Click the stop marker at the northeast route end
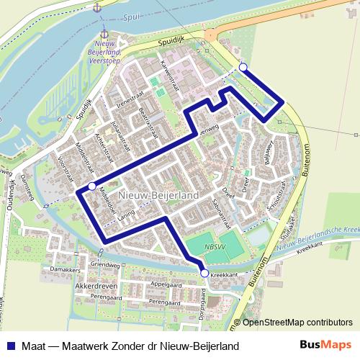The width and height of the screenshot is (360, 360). point(243,68)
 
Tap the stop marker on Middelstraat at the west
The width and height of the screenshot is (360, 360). point(91,187)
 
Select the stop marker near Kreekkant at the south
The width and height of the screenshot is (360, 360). point(204,274)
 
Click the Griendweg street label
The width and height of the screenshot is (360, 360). point(104,265)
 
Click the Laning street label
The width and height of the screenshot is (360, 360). point(126,217)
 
